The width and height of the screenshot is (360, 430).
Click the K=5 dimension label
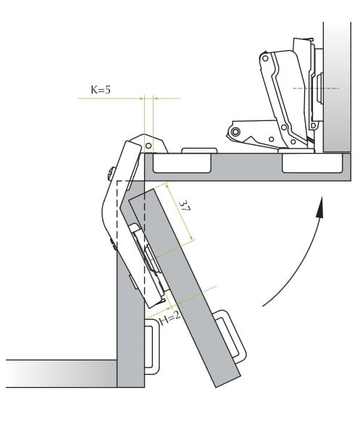click(x=101, y=90)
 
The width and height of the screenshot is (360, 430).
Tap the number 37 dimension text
click(x=184, y=206)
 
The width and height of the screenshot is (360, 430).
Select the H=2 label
click(x=170, y=318)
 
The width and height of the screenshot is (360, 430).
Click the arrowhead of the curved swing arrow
click(x=319, y=207)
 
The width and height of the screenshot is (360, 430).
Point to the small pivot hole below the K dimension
click(x=148, y=145)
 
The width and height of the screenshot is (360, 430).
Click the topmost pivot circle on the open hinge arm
click(x=265, y=58)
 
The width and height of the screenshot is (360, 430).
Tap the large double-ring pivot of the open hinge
click(x=235, y=132)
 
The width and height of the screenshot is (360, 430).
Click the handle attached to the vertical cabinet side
click(x=151, y=347)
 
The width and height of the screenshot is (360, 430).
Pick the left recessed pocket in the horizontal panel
click(x=183, y=163)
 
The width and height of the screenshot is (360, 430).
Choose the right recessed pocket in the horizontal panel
click(x=312, y=163)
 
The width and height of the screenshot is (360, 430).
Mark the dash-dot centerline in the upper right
click(x=316, y=88)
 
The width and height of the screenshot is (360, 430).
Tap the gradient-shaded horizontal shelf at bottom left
click(x=62, y=373)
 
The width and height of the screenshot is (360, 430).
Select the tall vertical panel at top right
click(x=337, y=87)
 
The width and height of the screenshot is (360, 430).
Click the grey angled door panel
click(x=185, y=289)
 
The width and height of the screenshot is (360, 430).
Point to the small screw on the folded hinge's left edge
click(x=111, y=174)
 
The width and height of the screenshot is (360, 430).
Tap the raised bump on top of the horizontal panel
click(x=199, y=151)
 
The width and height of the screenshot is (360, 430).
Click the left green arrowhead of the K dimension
click(x=142, y=98)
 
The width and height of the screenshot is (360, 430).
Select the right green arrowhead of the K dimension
click(x=155, y=98)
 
